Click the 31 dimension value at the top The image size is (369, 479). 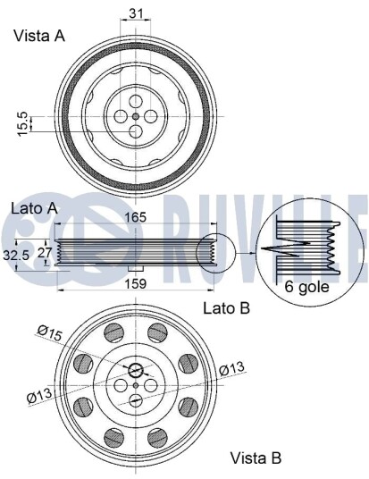pyautogui.click(x=136, y=13)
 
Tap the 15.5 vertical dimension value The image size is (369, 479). pyautogui.click(x=23, y=123)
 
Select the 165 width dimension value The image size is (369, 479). pyautogui.click(x=136, y=217)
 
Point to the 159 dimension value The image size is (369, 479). pyautogui.click(x=136, y=284)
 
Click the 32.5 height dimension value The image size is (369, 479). pyautogui.click(x=16, y=255)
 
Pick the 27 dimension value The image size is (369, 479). pyautogui.click(x=45, y=253)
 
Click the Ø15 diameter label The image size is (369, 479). pyautogui.click(x=50, y=332)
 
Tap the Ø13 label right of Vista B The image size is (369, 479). pyautogui.click(x=231, y=368)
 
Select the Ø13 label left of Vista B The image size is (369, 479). pyautogui.click(x=39, y=396)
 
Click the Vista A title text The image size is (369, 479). pyautogui.click(x=39, y=36)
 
